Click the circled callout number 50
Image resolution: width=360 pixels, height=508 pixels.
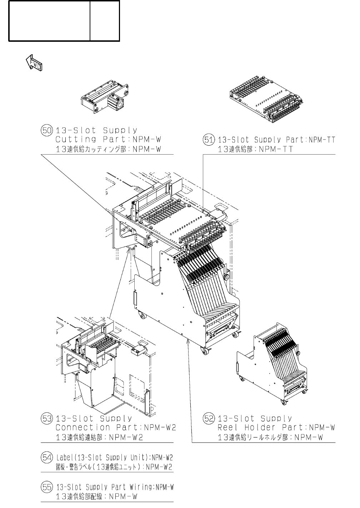tap(47, 130)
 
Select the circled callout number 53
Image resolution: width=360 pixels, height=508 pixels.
tap(47, 418)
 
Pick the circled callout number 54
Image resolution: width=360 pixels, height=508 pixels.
tap(47, 457)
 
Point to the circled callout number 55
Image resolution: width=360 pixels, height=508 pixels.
tap(47, 487)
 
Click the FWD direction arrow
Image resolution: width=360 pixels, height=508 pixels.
tap(34, 63)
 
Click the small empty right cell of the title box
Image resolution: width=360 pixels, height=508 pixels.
tap(105, 21)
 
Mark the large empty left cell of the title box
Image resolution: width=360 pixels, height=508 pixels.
tap(49, 21)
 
